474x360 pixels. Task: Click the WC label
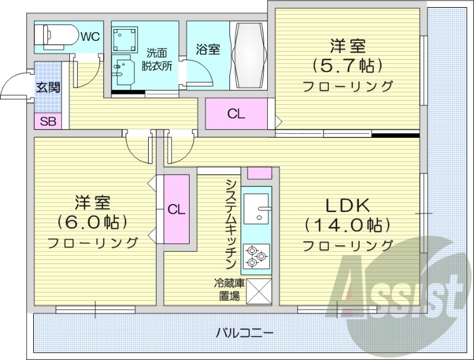[x=90, y=37]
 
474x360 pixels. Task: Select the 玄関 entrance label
[x=48, y=88]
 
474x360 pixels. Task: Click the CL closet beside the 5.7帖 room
[x=236, y=114]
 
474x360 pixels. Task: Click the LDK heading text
[x=348, y=205]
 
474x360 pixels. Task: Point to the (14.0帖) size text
[x=348, y=225]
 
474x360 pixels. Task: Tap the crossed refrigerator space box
[x=257, y=290]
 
